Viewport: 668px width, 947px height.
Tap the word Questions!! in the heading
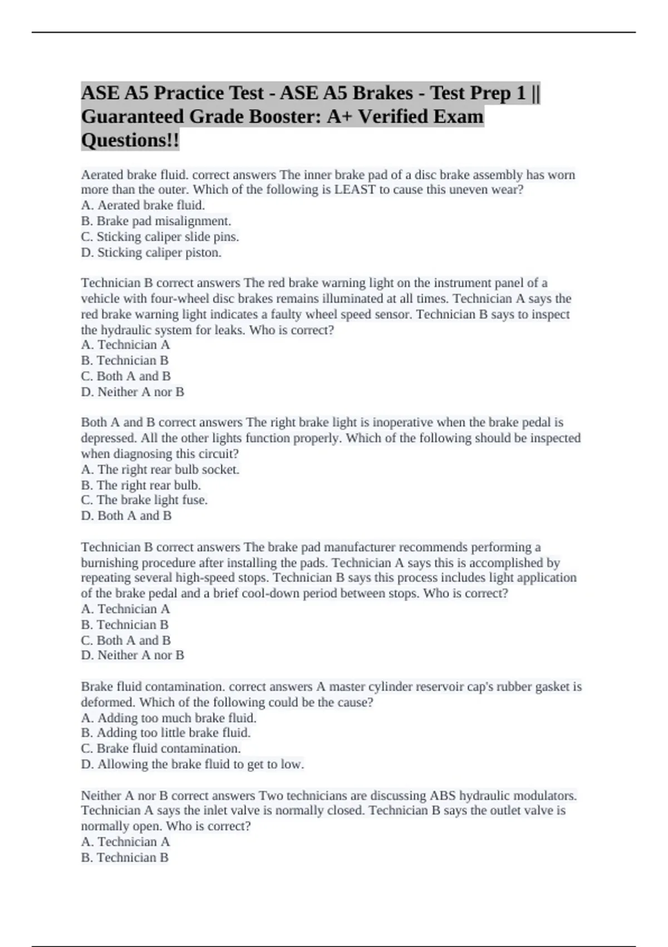pyautogui.click(x=130, y=140)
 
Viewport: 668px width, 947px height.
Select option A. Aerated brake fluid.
pyautogui.click(x=143, y=205)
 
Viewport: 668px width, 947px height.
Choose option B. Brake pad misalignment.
pyautogui.click(x=156, y=221)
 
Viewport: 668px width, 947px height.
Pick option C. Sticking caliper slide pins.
pyautogui.click(x=160, y=237)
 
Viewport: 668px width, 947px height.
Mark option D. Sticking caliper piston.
pyautogui.click(x=151, y=252)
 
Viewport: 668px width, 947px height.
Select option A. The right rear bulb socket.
pyautogui.click(x=160, y=470)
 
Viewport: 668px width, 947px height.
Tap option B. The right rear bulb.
pyautogui.click(x=141, y=485)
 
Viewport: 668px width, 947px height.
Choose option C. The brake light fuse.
pyautogui.click(x=144, y=500)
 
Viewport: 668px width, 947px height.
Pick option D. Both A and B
pyautogui.click(x=126, y=516)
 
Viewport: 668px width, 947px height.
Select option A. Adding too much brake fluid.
pyautogui.click(x=169, y=718)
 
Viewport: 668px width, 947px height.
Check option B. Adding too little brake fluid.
pyautogui.click(x=166, y=733)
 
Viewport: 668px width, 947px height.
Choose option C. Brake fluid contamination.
pyautogui.click(x=161, y=749)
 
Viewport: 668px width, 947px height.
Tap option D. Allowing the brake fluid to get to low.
pyautogui.click(x=193, y=764)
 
